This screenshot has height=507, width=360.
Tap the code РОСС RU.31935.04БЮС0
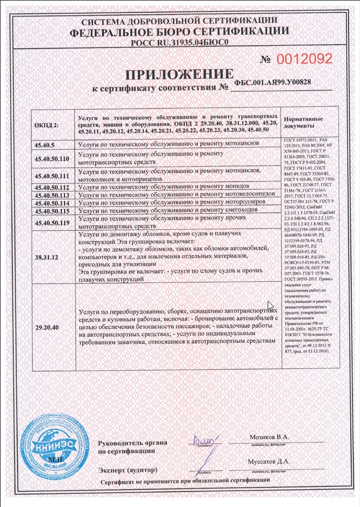tap(180, 43)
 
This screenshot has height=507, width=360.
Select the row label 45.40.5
tap(45, 145)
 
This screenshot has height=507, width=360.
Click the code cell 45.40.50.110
tap(52, 159)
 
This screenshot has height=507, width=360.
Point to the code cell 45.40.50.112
tap(52, 187)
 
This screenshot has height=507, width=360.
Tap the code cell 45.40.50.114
tap(52, 204)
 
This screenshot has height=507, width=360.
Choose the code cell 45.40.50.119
tap(52, 222)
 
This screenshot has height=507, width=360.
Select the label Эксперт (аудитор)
tap(128, 470)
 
